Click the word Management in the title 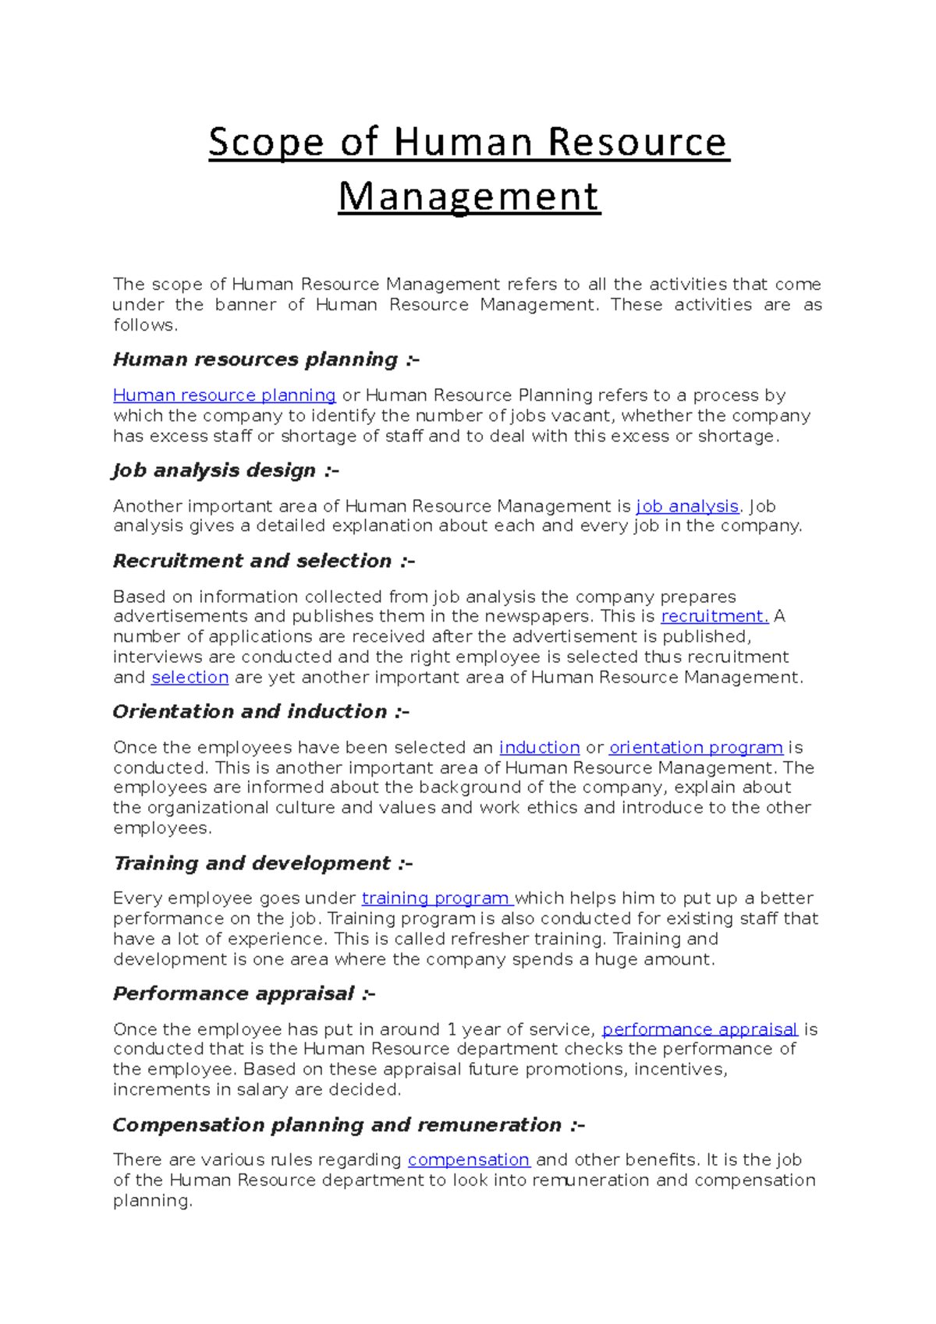(x=469, y=196)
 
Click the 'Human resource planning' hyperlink (x=224, y=395)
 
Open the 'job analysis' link (x=687, y=506)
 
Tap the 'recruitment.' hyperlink (x=714, y=616)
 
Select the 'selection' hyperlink (x=190, y=677)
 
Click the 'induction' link (x=539, y=747)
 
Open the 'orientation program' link (x=696, y=747)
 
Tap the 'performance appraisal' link (x=700, y=1029)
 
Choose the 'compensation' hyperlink (x=469, y=1159)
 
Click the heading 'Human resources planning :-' (x=266, y=359)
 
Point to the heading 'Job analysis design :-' (x=225, y=470)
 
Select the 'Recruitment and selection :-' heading (x=264, y=561)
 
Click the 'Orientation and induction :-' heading (x=261, y=711)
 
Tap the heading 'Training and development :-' (x=263, y=863)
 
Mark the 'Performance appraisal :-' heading (x=244, y=993)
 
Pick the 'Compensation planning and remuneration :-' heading (x=349, y=1124)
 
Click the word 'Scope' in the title (x=265, y=142)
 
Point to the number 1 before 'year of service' (x=452, y=1029)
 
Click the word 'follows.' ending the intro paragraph (x=145, y=325)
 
